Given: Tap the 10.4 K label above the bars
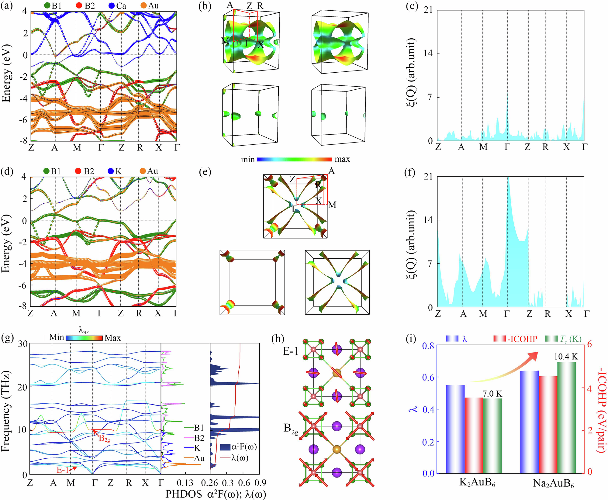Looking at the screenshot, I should click(566, 356).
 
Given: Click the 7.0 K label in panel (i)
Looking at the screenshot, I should click(492, 394).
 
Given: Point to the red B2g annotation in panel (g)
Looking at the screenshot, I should click(104, 438).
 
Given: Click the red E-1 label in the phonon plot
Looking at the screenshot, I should click(63, 470).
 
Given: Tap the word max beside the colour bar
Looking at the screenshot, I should click(342, 159).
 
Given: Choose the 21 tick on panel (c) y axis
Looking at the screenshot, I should click(428, 10).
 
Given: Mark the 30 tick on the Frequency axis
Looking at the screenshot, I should click(22, 344).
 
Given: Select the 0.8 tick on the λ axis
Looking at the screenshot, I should click(428, 345).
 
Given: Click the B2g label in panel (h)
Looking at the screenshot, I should click(291, 429).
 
